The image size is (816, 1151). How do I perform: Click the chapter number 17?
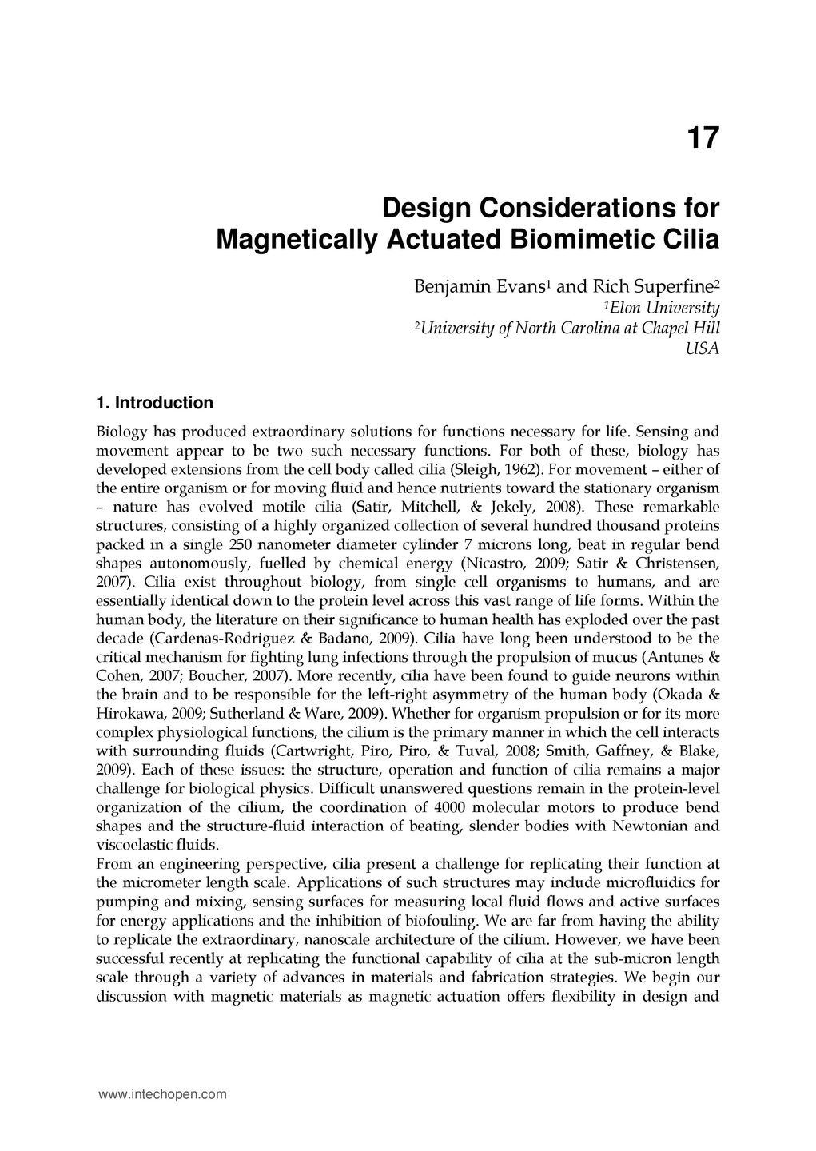click(x=703, y=138)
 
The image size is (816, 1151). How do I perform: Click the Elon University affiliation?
click(x=664, y=308)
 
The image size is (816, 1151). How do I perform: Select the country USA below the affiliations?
click(x=703, y=348)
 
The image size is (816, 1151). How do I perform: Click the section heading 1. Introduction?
click(x=154, y=402)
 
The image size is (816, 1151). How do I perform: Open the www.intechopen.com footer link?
click(x=162, y=1094)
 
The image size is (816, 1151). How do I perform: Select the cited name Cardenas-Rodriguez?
click(x=209, y=639)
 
